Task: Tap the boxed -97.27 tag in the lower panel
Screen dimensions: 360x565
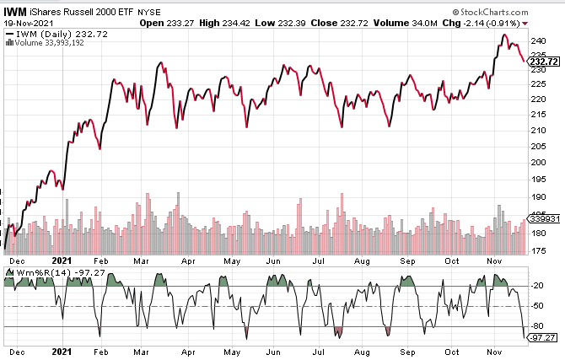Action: tap(544, 337)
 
